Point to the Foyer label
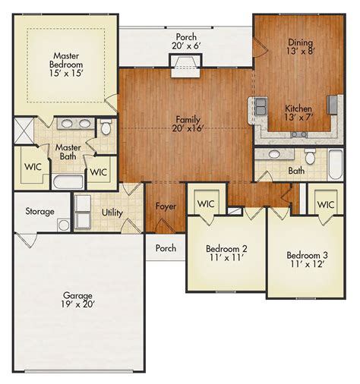(166, 206)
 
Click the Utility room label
(112, 212)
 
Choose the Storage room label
(39, 211)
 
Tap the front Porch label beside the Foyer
(166, 248)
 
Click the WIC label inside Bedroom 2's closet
(206, 204)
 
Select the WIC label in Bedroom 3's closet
(326, 205)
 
